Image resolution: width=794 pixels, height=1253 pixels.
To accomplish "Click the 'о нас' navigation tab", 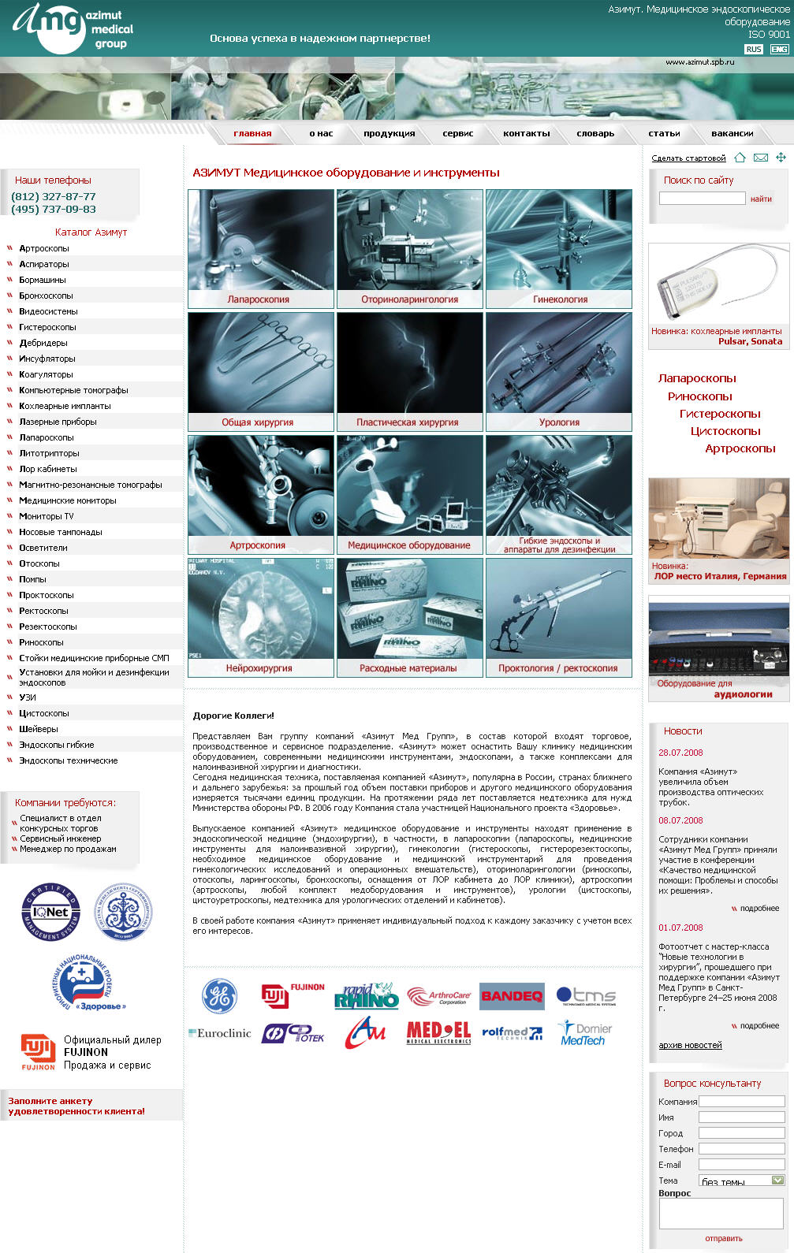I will pos(321,134).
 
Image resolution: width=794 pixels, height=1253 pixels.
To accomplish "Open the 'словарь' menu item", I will pos(595,134).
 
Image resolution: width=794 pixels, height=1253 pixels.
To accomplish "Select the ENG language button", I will pos(779,49).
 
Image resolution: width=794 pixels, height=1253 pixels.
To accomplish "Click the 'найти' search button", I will pos(761,199).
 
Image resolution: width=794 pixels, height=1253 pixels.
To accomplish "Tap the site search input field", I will pos(702,199).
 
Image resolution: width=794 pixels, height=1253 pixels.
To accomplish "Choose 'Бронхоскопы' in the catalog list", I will pos(46,296).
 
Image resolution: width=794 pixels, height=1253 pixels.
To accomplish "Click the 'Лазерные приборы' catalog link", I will pos(58,422).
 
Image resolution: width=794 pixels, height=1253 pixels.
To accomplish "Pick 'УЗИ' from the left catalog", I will pos(28,697).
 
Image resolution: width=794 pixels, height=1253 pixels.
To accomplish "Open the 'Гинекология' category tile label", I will pos(560,299).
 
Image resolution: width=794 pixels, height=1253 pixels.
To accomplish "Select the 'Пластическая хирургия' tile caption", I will pos(407,422).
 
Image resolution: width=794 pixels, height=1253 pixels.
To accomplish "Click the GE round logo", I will pos(219,996).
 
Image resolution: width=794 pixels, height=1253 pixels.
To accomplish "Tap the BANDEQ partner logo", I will pos(512,996).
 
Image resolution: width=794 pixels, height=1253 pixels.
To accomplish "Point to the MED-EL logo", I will pos(438,1032).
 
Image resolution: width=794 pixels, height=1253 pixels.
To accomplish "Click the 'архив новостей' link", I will pos(690,1045).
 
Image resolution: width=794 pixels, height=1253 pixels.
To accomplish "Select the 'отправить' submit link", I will pos(723,1238).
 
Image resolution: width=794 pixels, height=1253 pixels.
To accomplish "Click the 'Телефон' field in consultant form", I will pos(741,1149).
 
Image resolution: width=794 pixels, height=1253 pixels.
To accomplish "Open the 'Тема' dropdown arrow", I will pos(777,1180).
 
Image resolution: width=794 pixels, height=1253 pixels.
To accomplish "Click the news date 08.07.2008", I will pos(680,820).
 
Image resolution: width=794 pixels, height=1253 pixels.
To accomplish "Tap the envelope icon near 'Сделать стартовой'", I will pos(760,158).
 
